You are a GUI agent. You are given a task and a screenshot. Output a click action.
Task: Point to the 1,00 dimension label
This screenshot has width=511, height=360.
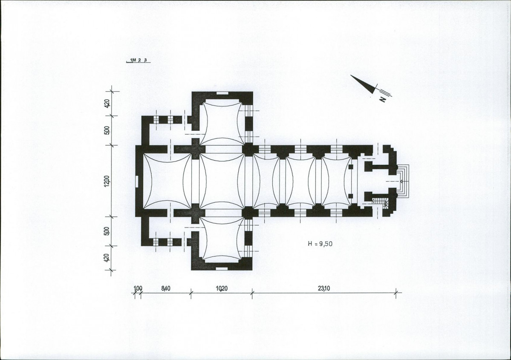(138, 288)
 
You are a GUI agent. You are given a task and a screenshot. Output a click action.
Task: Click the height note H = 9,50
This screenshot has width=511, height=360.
(320, 243)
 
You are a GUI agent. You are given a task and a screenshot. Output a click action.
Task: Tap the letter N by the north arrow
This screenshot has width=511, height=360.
(383, 99)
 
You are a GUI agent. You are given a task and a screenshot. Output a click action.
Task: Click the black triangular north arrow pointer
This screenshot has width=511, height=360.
(364, 84)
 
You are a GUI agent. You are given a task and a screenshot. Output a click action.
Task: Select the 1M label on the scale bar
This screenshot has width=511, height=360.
(133, 60)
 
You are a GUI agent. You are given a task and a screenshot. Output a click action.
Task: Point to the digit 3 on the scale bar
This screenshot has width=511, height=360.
(146, 60)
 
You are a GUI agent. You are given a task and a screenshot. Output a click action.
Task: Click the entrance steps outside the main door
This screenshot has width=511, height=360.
(403, 181)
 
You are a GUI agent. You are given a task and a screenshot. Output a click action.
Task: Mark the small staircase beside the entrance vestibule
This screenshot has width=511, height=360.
(380, 203)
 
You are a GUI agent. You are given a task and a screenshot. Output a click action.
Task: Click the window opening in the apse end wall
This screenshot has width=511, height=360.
(137, 181)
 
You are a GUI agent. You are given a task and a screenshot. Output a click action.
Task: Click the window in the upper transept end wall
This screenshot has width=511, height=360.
(222, 93)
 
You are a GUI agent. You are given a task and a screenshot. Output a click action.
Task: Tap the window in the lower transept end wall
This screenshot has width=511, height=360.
(222, 269)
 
